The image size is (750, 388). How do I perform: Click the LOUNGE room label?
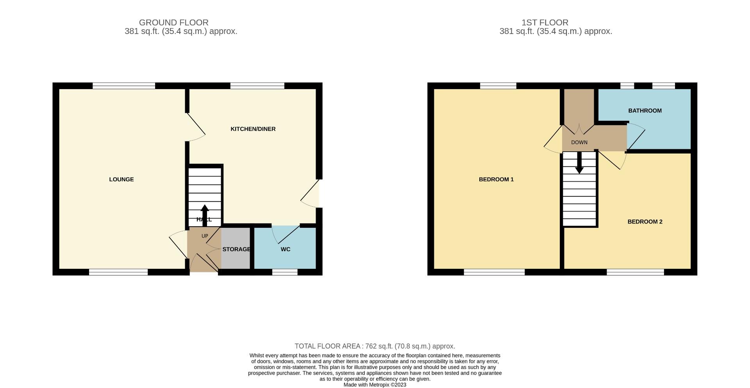[x=121, y=179]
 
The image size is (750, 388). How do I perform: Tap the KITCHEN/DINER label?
[x=253, y=129]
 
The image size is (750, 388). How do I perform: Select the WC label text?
[x=286, y=249]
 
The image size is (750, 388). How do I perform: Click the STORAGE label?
[x=236, y=249]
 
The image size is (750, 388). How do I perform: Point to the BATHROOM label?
[x=645, y=111]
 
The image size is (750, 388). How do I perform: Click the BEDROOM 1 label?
[x=496, y=179]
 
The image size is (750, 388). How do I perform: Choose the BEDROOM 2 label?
[x=645, y=222]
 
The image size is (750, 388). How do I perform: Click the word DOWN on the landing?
[x=579, y=143]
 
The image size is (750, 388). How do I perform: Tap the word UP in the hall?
[x=205, y=236]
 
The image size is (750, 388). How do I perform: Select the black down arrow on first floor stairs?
[x=579, y=162]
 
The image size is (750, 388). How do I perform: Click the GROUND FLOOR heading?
[x=174, y=23]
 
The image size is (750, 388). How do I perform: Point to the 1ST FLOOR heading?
[x=545, y=23]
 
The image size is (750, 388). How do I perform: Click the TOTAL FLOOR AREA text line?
[x=375, y=346]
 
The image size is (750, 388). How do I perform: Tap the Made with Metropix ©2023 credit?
[x=375, y=385]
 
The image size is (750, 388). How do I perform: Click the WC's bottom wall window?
[x=285, y=272]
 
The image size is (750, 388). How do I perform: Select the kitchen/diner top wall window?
[x=257, y=86]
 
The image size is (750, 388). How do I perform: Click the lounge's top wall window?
[x=124, y=86]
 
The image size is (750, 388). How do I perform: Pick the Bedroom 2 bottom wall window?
[x=635, y=272]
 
